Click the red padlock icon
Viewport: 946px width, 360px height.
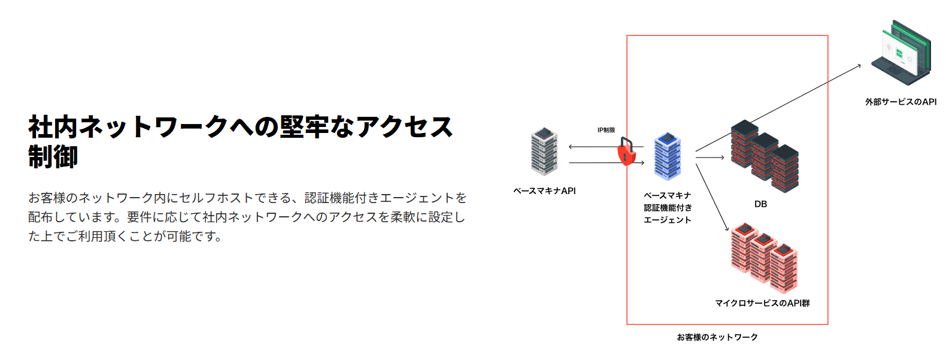point(626,152)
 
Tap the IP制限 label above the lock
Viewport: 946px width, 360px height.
point(606,130)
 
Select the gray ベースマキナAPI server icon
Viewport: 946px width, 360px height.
point(544,151)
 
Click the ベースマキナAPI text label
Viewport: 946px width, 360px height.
point(544,191)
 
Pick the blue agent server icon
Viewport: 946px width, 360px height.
point(667,156)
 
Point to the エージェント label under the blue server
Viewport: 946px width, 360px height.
point(668,220)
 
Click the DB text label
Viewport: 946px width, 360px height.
point(760,204)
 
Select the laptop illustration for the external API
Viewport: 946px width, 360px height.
point(900,52)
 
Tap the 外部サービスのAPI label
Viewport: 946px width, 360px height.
point(900,102)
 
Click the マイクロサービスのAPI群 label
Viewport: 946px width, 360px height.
point(762,303)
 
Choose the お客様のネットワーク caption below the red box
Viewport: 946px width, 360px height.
point(717,337)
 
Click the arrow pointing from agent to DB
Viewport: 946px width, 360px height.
point(710,158)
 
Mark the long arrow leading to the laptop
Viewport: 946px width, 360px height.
point(778,107)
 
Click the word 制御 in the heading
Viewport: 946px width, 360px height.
point(53,157)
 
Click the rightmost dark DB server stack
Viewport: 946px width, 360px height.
point(785,169)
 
